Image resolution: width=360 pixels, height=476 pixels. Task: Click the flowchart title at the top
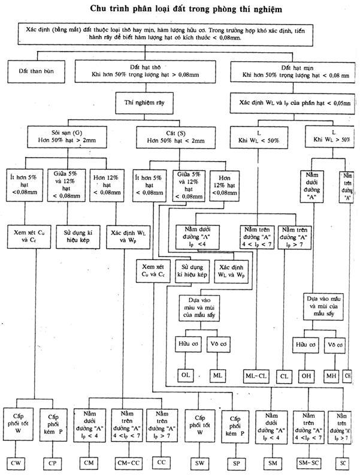180,9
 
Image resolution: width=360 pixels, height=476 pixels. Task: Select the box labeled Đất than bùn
37,71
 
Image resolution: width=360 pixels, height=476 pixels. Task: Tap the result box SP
235,462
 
